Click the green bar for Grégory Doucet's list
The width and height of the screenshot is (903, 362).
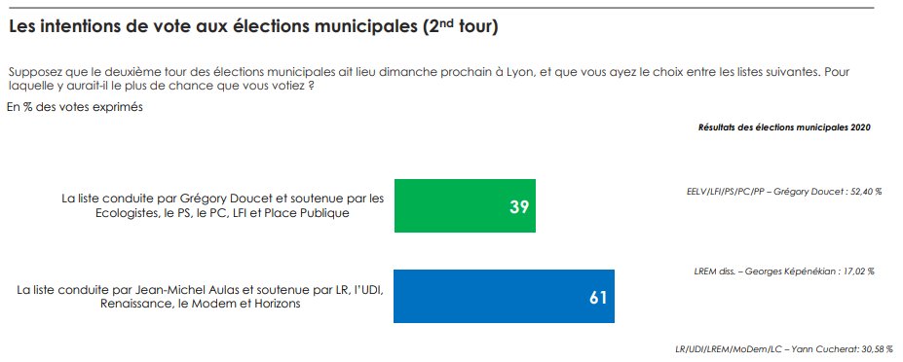coord(465,205)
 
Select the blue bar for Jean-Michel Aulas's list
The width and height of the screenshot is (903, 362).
coord(504,296)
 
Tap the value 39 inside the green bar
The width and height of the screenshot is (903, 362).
coord(519,207)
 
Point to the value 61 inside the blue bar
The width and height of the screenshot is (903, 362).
coord(598,298)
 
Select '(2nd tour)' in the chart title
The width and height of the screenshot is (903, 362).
coord(461,27)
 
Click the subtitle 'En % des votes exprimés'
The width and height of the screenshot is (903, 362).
coord(75,107)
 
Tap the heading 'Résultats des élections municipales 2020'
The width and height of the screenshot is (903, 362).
coord(784,127)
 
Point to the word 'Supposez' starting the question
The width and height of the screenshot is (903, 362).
coord(32,74)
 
